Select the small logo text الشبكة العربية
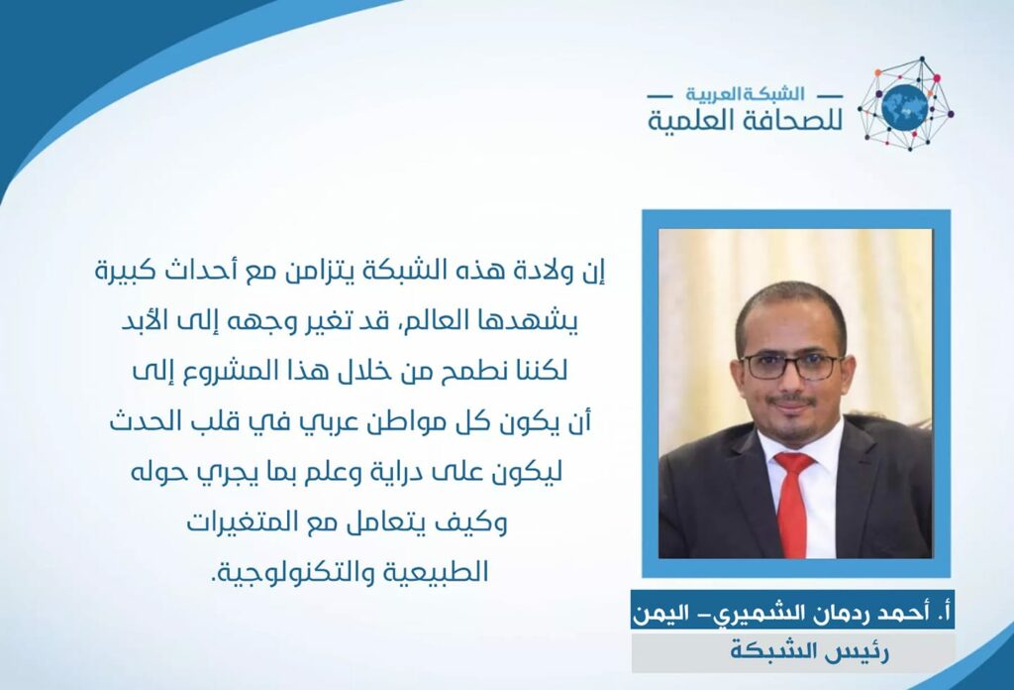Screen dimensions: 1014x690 (746, 94)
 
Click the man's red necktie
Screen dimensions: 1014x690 (793, 503)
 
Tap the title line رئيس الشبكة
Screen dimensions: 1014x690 (810, 650)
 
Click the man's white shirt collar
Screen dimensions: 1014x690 (795, 445)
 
